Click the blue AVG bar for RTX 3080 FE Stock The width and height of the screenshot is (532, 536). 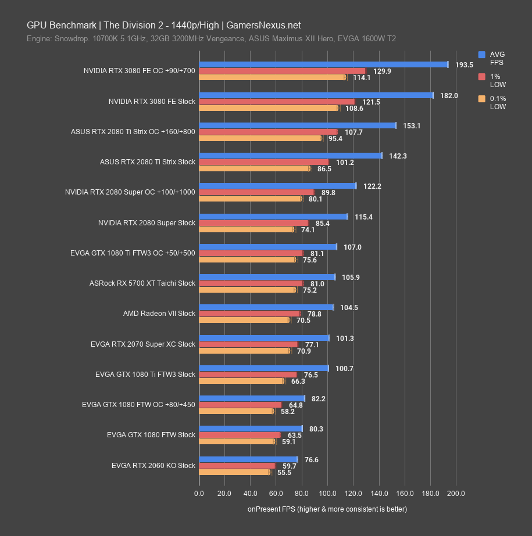point(316,95)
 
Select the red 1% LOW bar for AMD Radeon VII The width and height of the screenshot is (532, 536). point(249,314)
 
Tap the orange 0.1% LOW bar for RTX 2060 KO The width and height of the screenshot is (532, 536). point(234,473)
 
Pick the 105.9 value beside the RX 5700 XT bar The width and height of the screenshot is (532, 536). point(351,277)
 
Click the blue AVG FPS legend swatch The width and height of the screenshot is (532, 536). point(481,55)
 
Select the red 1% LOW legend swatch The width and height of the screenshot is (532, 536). point(481,77)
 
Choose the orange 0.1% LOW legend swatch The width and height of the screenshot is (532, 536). point(481,99)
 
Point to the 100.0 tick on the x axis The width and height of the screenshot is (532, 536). point(327,494)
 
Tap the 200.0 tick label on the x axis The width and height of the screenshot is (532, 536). point(456,494)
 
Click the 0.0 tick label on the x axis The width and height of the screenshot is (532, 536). point(199,494)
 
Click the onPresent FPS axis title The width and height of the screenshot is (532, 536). point(327,509)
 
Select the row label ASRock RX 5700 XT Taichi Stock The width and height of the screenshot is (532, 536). point(142,283)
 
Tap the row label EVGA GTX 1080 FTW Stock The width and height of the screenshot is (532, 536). point(151,435)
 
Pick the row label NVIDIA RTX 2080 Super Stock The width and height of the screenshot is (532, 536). point(147,222)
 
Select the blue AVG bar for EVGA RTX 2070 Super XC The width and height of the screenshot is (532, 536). point(264,337)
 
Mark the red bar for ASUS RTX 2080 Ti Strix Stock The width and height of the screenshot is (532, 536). point(263,162)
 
